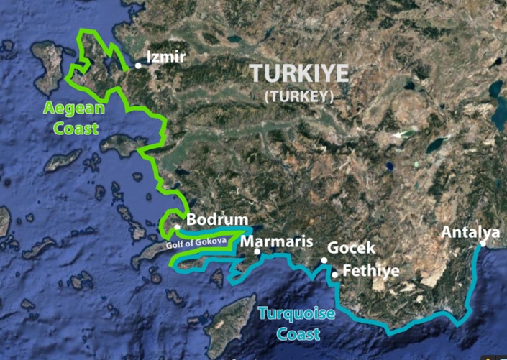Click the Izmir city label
point(165,57)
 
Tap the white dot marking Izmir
point(139,65)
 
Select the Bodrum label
point(217,220)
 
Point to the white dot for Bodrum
point(178,228)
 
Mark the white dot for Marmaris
point(257,251)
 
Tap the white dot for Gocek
point(324,261)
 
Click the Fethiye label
point(370,271)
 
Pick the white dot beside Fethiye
point(335,274)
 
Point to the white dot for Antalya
point(483,244)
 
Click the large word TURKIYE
point(299,74)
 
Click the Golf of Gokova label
point(196,243)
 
